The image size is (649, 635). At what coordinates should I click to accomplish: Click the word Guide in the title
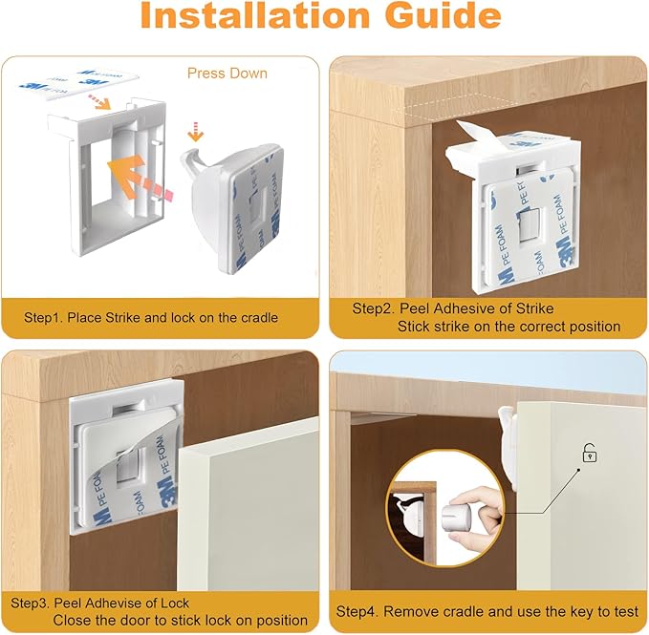[x=441, y=17]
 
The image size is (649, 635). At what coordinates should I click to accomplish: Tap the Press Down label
[x=227, y=73]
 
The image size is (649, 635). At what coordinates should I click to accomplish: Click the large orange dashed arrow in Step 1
[x=141, y=180]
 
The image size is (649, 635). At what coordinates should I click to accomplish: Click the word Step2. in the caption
[x=372, y=308]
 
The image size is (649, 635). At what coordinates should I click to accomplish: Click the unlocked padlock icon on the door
[x=589, y=455]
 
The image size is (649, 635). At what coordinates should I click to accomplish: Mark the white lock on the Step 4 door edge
[x=507, y=434]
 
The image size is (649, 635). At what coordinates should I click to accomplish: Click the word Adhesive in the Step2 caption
[x=455, y=308]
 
